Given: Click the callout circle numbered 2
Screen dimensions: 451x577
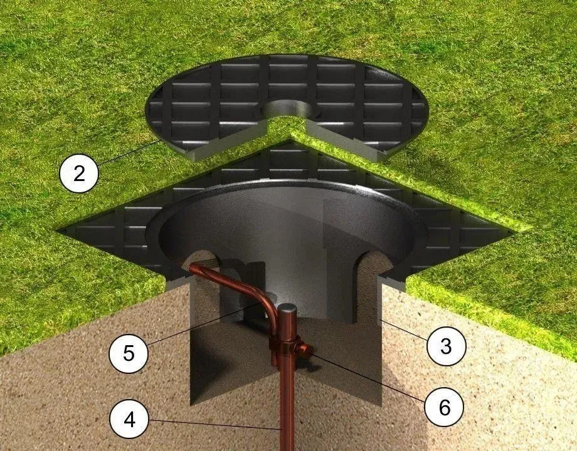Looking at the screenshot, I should coord(78,172).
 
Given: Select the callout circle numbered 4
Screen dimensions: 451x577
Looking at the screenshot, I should coord(129,419).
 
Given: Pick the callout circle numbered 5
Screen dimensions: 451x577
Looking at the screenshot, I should coord(129,352).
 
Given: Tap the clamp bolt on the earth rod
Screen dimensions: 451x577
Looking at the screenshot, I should coord(305,352).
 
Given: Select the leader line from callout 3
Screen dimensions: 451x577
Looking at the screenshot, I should coord(401,331).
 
